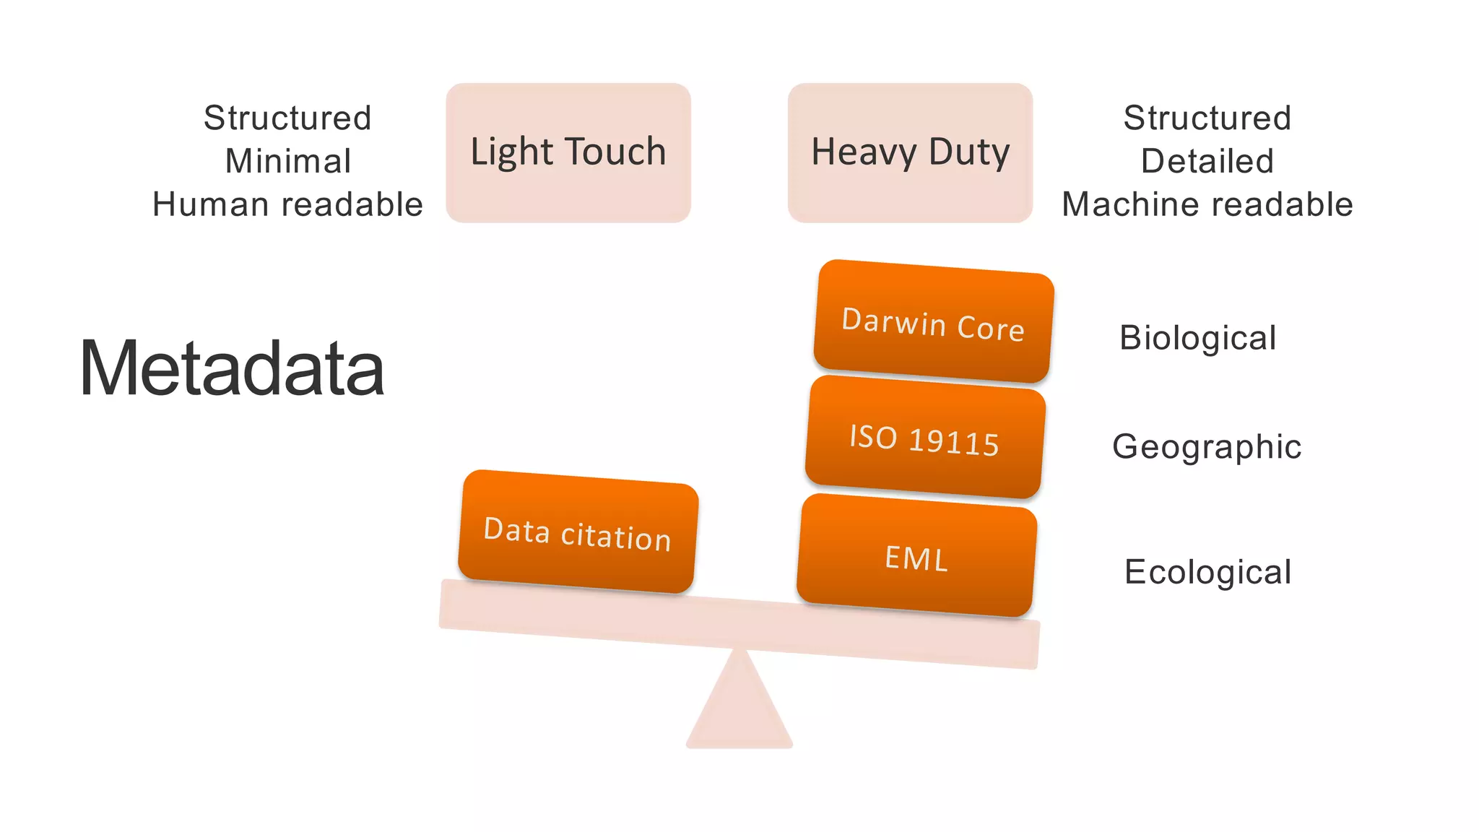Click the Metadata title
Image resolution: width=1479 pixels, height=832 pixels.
pyautogui.click(x=231, y=368)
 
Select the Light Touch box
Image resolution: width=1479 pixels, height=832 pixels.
pyautogui.click(x=568, y=153)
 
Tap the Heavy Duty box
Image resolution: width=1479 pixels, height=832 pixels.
pyautogui.click(x=910, y=153)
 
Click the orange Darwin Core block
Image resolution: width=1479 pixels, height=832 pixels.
pyautogui.click(x=933, y=322)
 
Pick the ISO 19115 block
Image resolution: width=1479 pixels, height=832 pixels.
pyautogui.click(x=924, y=438)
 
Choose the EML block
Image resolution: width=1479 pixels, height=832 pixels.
pyautogui.click(x=916, y=557)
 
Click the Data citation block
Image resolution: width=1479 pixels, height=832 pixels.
pyautogui.click(x=578, y=533)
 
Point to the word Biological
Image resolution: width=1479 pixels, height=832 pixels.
pyautogui.click(x=1198, y=338)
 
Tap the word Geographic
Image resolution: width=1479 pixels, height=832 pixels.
pyautogui.click(x=1207, y=446)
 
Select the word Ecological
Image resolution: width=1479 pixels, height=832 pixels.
pyautogui.click(x=1208, y=572)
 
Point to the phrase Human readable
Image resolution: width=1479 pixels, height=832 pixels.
pyautogui.click(x=287, y=204)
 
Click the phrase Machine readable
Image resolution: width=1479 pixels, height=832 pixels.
pyautogui.click(x=1207, y=204)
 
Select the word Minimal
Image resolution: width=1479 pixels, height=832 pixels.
pyautogui.click(x=288, y=161)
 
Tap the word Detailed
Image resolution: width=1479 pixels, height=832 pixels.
pyautogui.click(x=1207, y=161)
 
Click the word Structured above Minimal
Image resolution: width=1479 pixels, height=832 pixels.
pyautogui.click(x=287, y=118)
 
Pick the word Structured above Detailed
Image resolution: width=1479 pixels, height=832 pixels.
pyautogui.click(x=1207, y=118)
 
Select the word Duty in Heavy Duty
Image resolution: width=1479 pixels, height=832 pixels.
pyautogui.click(x=969, y=152)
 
